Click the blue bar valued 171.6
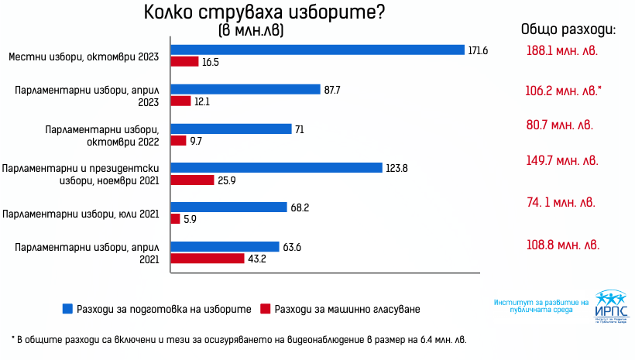[x=317, y=50]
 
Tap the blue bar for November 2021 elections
[x=276, y=167]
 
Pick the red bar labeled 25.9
[x=192, y=180]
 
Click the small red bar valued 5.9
[x=175, y=219]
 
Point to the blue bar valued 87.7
[x=245, y=89]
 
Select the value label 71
[x=300, y=129]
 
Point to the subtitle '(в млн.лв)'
[x=245, y=31]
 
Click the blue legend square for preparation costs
[x=67, y=309]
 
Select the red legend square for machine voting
[x=266, y=309]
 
